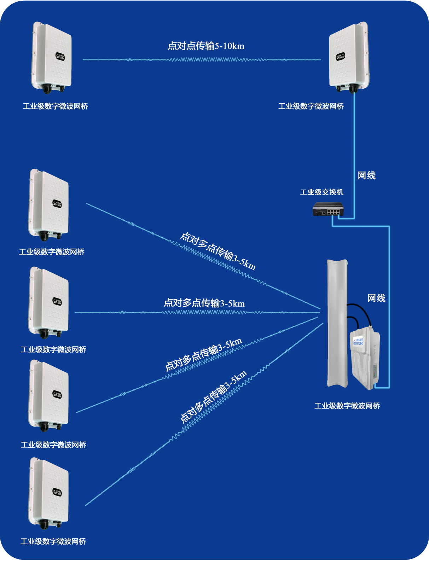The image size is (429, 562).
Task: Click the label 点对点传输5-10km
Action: point(206,46)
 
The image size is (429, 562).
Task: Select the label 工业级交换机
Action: point(321,192)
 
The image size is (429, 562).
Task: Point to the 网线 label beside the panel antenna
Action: point(376,299)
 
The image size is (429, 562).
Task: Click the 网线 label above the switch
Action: point(366,175)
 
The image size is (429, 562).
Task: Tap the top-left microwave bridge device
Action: point(52,57)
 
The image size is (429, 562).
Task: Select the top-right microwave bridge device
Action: point(349,57)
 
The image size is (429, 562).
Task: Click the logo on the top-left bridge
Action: point(60,57)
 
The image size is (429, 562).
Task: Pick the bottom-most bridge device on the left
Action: point(49,492)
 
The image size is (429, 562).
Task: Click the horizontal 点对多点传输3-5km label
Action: point(204,303)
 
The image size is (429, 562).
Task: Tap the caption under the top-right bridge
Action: point(311,106)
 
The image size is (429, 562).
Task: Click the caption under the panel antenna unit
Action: point(347,406)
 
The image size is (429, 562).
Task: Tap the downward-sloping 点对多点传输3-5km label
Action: point(218,251)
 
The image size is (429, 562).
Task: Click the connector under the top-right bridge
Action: point(352,89)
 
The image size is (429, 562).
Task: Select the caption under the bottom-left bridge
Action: point(53,541)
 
